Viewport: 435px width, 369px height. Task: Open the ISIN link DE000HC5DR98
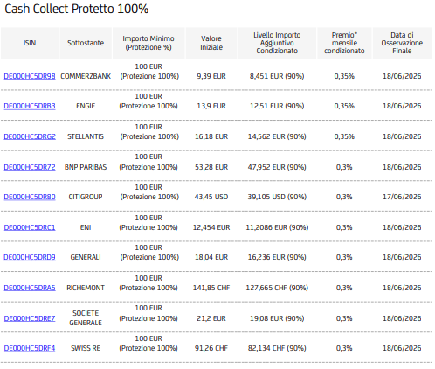[30, 76]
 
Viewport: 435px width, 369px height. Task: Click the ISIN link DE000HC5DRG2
[30, 136]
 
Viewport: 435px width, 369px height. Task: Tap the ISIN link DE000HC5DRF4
[30, 348]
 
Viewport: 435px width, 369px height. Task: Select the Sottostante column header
[86, 43]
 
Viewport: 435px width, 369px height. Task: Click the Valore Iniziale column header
[211, 43]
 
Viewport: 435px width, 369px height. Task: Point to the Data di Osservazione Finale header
[402, 43]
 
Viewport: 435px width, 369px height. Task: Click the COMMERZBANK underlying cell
[86, 76]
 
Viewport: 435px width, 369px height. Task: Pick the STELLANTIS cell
[86, 136]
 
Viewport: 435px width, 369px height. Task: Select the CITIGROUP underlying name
[86, 197]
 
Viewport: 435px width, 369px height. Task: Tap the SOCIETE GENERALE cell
[86, 318]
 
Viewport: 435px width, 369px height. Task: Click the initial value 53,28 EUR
[211, 167]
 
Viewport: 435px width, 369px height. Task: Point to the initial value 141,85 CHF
[211, 288]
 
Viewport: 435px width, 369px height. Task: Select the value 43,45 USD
[211, 197]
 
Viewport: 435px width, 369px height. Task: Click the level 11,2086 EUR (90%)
[277, 227]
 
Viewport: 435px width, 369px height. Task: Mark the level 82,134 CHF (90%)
[277, 348]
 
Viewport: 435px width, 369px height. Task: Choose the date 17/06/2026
[402, 197]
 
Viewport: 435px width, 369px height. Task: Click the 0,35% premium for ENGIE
[344, 106]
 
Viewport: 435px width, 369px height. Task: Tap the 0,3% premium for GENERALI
[344, 257]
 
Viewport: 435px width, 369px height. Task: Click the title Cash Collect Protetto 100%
[77, 9]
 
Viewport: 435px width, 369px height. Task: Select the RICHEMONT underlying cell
[86, 288]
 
